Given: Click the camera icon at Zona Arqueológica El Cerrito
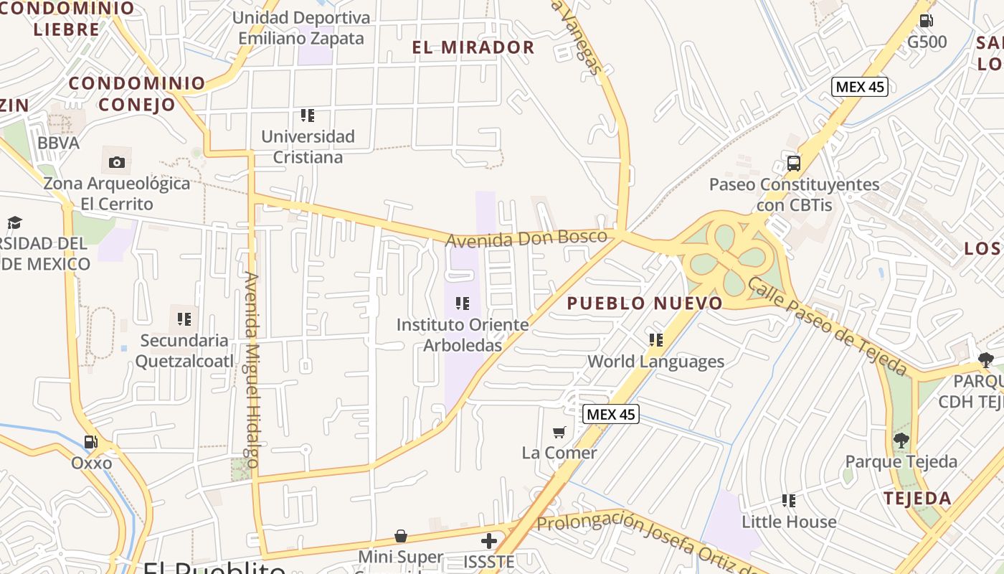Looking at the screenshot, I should (x=117, y=163).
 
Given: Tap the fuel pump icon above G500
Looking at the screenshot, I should (x=927, y=21).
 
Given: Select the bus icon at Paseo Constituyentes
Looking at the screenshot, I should (x=794, y=163).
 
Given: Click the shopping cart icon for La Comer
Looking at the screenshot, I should (x=559, y=432).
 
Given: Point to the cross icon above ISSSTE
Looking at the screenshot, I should (x=489, y=540).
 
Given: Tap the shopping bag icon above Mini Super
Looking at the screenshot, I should (x=401, y=536).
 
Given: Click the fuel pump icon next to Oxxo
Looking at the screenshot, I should (x=91, y=443).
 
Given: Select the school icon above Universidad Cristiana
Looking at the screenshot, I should (x=308, y=115).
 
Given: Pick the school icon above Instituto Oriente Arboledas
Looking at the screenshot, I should (x=463, y=304).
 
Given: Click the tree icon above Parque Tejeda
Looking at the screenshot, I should (x=901, y=441).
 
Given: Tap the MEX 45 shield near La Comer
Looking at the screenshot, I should (x=610, y=414).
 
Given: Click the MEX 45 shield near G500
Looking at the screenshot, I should (x=860, y=87).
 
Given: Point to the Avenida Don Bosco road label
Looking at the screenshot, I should (x=526, y=238).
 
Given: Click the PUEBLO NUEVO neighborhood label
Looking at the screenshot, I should (x=645, y=304).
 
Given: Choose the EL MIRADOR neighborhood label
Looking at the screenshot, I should (x=473, y=48).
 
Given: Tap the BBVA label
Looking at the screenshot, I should (x=59, y=143).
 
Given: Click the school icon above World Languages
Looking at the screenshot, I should (x=656, y=339).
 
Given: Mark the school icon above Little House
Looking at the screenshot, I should (x=789, y=500).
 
